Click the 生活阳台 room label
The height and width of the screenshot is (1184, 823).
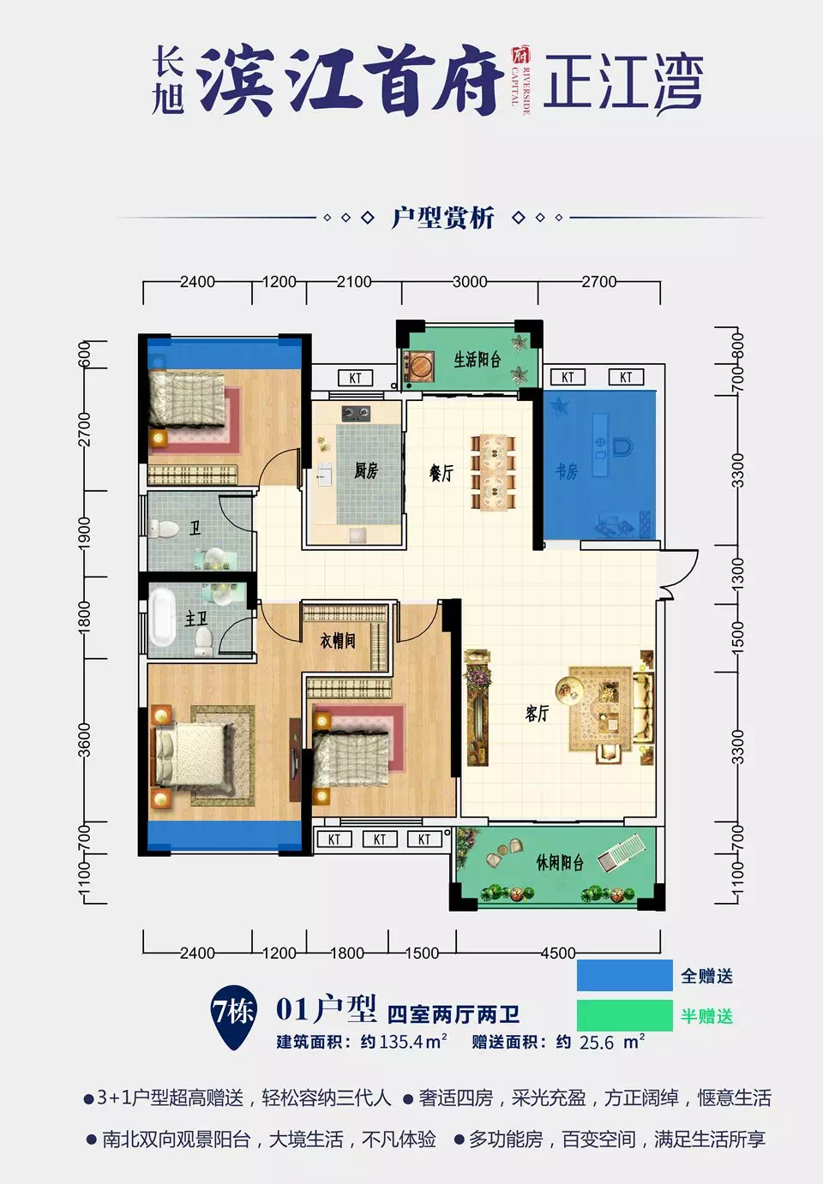click(477, 360)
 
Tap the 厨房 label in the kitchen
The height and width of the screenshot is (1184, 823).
click(366, 470)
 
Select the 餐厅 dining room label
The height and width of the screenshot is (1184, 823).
click(442, 472)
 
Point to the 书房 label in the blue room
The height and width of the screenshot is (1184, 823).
click(567, 471)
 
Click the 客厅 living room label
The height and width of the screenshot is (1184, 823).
click(538, 713)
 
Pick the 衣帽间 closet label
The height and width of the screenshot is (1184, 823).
click(337, 640)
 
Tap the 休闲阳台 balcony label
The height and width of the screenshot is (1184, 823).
click(560, 862)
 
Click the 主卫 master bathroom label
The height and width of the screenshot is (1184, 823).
click(196, 618)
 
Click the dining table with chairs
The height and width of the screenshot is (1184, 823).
click(492, 472)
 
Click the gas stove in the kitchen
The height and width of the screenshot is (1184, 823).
click(356, 414)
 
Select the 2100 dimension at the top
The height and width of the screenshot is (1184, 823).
click(353, 282)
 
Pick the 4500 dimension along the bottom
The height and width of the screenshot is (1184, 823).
click(557, 953)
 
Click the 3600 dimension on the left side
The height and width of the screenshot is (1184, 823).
click(84, 740)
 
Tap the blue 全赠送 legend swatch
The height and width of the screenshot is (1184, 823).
click(624, 976)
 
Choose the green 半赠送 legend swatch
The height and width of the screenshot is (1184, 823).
click(624, 1016)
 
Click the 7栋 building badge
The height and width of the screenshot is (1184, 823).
click(233, 1014)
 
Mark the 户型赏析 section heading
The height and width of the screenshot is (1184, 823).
click(442, 218)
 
